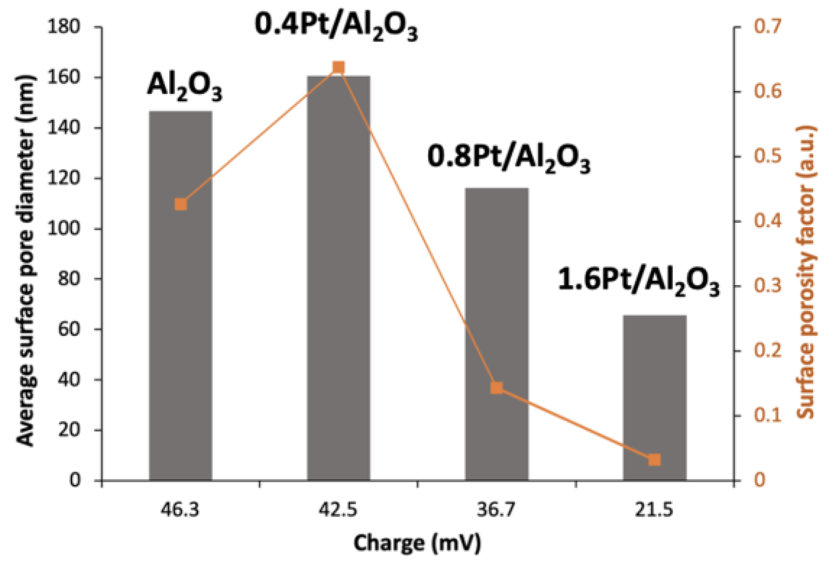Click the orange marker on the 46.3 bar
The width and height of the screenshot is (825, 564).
click(x=181, y=204)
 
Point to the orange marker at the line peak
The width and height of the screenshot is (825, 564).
click(x=339, y=67)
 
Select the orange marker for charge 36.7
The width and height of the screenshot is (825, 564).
click(x=496, y=388)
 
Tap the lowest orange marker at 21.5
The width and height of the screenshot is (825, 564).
click(x=654, y=459)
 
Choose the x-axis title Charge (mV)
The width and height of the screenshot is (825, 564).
click(x=417, y=543)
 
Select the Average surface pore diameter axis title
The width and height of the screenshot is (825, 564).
click(x=26, y=260)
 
